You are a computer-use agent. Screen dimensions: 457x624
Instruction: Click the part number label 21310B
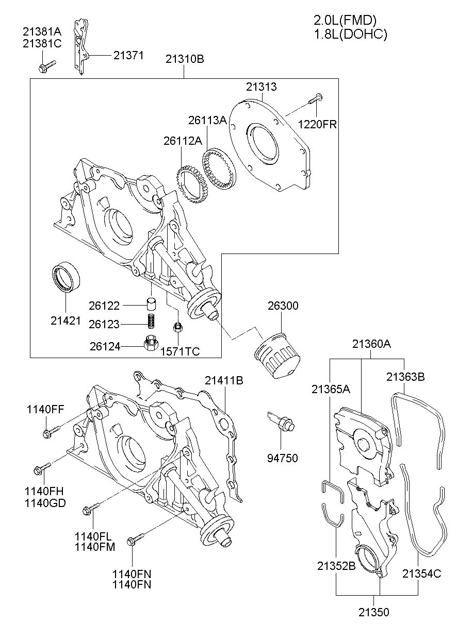(185, 59)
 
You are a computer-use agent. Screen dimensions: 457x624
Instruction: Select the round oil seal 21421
(66, 277)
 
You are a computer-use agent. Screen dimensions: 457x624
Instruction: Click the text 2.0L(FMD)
(345, 20)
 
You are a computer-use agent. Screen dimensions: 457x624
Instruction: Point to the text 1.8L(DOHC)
(351, 34)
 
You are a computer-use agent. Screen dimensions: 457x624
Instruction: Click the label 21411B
(224, 380)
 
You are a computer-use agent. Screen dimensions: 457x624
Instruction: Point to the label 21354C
(421, 574)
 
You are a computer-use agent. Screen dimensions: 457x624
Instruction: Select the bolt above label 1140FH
(42, 468)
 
